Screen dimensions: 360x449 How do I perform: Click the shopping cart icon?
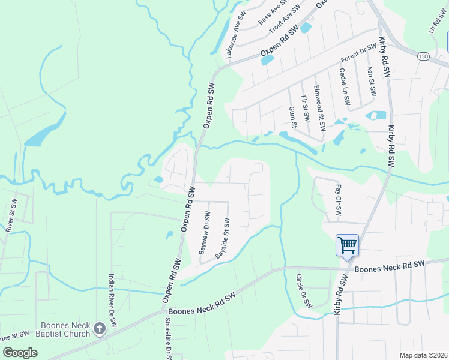point(347,245)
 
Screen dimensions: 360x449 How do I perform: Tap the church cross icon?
point(100,329)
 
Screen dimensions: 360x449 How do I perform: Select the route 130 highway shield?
point(424,56)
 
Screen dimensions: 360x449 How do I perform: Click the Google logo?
point(20,353)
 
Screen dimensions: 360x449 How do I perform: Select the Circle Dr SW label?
point(305,291)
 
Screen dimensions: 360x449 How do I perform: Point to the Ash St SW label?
point(372,82)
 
